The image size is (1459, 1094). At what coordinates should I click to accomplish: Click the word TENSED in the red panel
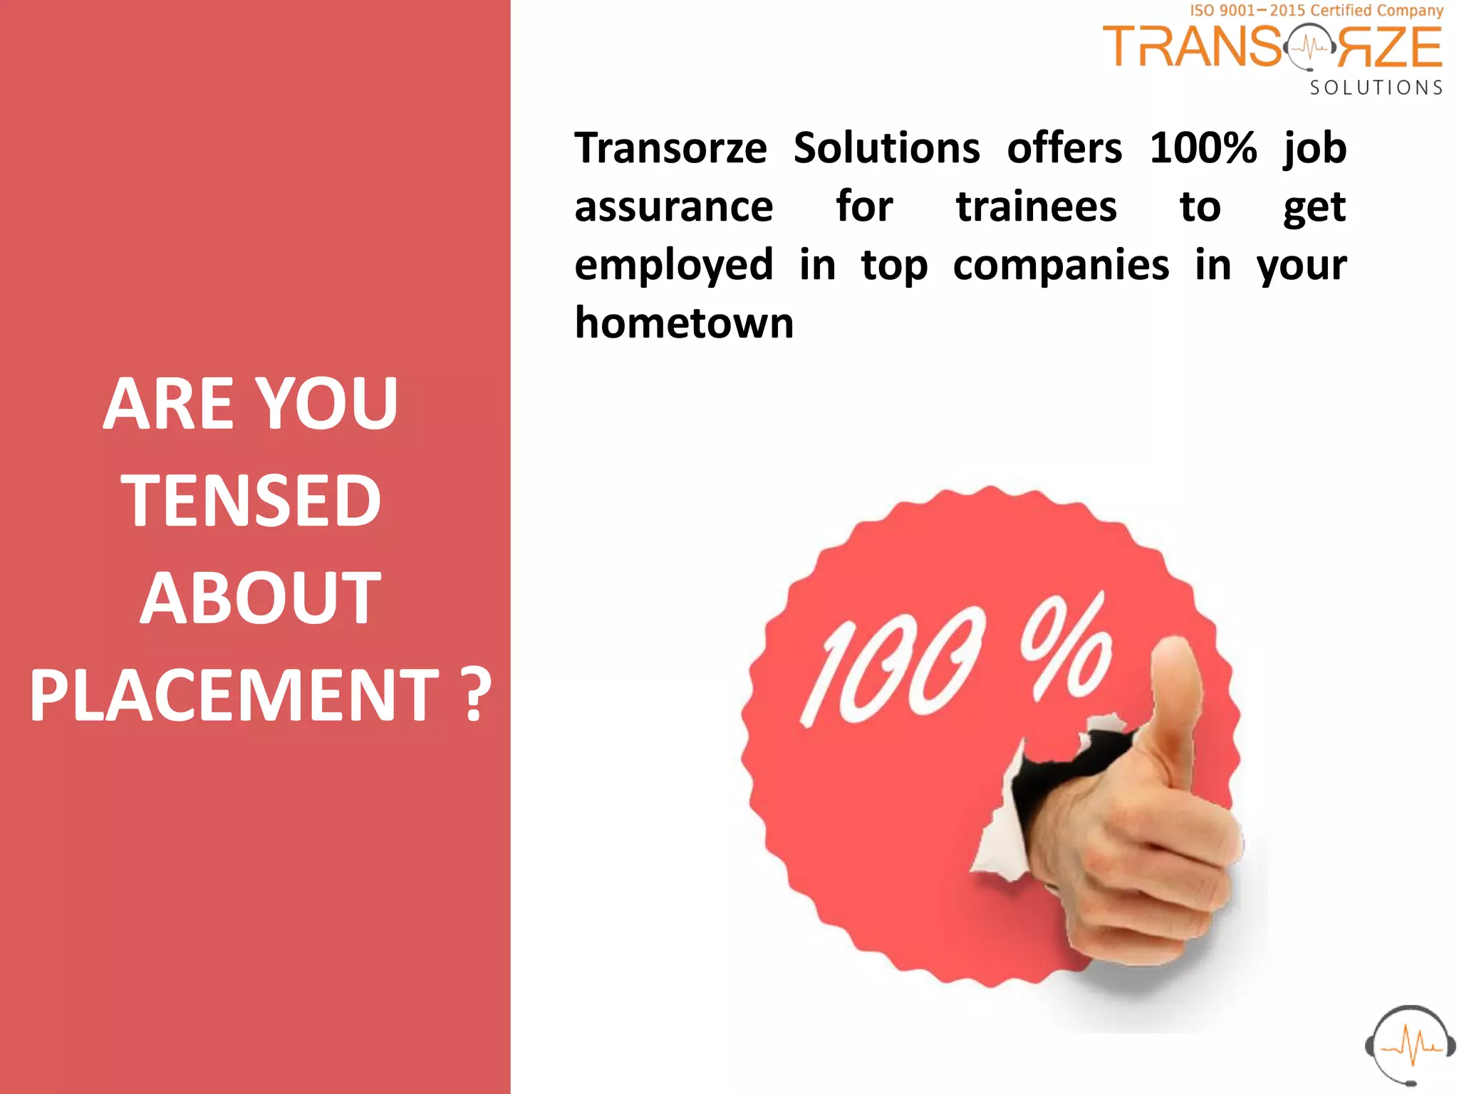click(251, 501)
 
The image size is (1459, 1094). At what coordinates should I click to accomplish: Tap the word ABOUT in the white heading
click(260, 598)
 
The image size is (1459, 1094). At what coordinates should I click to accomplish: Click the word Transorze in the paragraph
click(670, 148)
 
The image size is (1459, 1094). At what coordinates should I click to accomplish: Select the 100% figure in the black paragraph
click(1203, 148)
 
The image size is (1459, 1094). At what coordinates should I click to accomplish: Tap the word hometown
click(684, 323)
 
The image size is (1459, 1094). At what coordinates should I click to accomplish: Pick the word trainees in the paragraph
click(1036, 207)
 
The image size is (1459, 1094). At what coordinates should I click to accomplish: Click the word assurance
click(673, 207)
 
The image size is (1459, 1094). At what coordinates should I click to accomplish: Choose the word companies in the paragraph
click(1061, 265)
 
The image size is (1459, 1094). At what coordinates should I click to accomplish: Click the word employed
click(673, 265)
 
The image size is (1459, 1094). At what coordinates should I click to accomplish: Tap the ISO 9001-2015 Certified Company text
click(1317, 11)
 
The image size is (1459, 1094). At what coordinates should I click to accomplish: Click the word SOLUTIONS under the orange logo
click(1376, 88)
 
